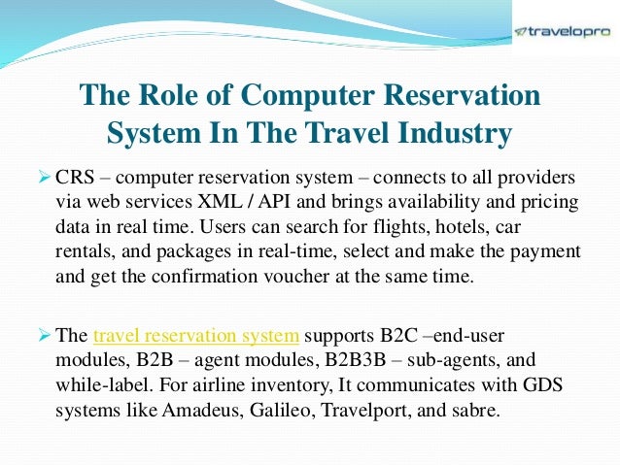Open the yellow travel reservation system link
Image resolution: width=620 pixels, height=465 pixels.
pos(196,336)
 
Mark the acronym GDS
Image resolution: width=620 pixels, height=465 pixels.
pos(551,384)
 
